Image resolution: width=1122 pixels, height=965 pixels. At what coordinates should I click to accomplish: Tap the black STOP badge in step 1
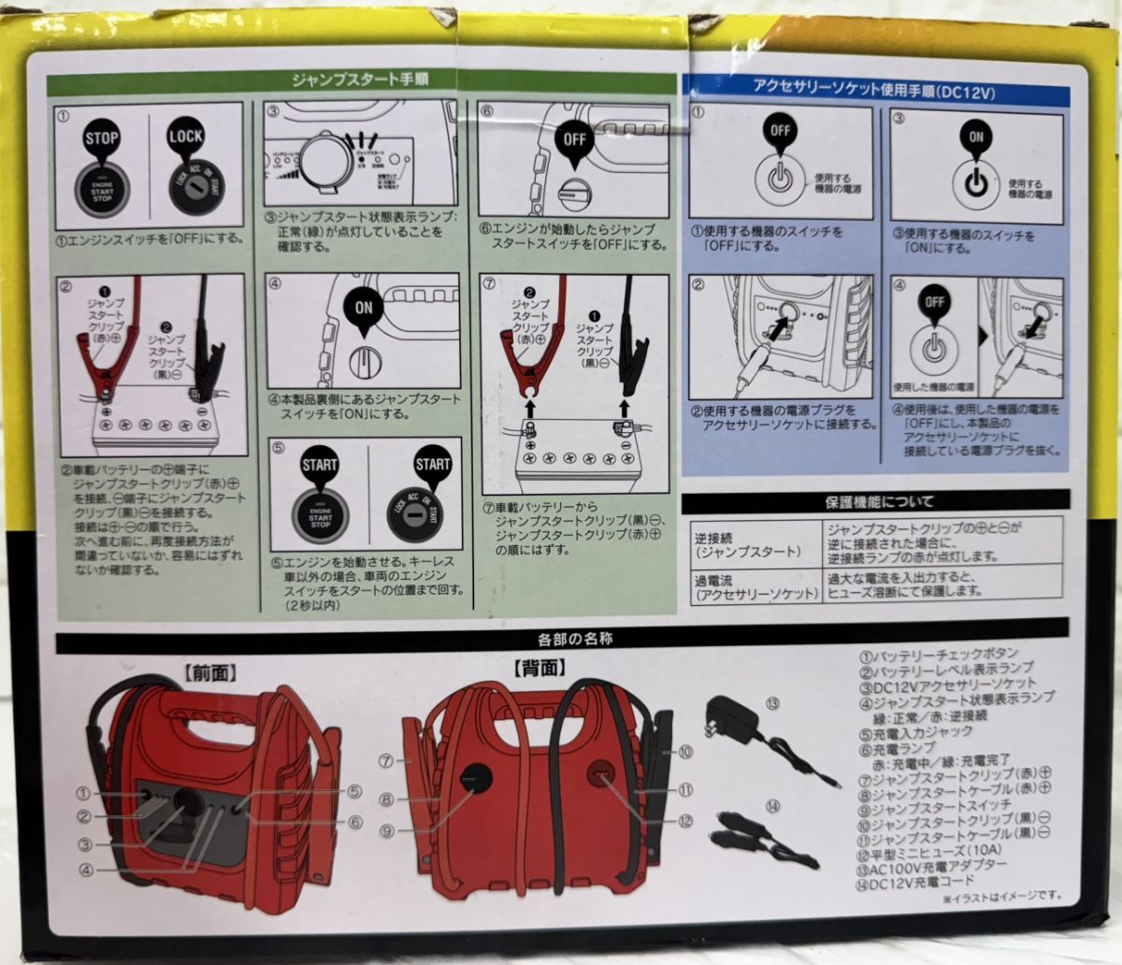(101, 138)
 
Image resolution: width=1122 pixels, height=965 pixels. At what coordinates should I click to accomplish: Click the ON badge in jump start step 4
(365, 305)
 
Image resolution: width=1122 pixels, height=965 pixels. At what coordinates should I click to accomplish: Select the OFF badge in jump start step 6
(573, 137)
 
